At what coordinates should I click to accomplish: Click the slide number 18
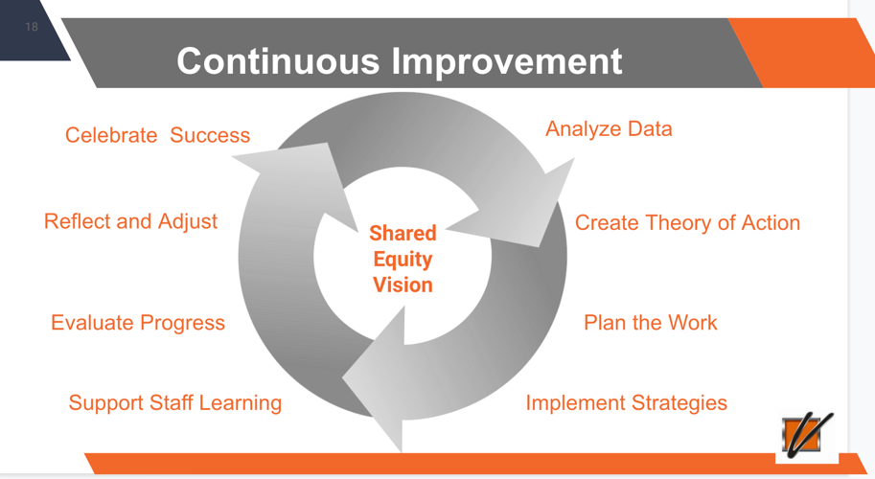[x=32, y=27]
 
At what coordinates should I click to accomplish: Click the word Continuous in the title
[x=278, y=60]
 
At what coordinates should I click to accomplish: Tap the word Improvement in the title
[x=507, y=61]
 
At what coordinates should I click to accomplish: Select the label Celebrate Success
[x=157, y=135]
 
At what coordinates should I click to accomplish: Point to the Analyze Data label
[x=609, y=129]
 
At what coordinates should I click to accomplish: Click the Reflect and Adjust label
[x=130, y=221]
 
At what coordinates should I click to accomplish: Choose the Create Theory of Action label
[x=687, y=223]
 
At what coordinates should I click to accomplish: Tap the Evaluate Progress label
[x=138, y=323]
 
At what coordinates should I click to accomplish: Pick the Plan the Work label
[x=651, y=322]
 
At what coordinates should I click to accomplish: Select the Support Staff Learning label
[x=175, y=403]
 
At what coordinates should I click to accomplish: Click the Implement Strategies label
[x=627, y=403]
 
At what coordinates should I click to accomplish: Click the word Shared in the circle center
[x=403, y=233]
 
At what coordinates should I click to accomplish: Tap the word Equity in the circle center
[x=403, y=260]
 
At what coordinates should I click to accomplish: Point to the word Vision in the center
[x=403, y=285]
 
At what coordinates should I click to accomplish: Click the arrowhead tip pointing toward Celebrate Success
[x=232, y=158]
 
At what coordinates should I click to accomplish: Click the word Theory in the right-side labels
[x=679, y=223]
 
